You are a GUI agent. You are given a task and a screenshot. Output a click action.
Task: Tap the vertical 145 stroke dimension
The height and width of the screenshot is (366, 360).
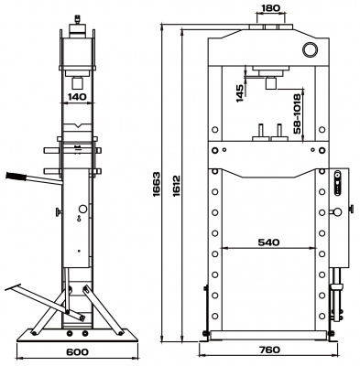click(239, 94)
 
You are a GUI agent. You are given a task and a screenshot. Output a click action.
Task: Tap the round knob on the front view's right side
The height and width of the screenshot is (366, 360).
click(350, 210)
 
